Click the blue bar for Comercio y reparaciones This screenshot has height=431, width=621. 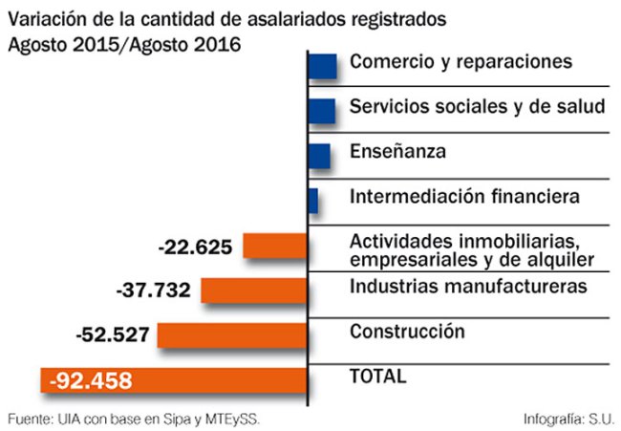(323, 66)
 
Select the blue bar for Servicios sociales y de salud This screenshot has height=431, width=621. (322, 110)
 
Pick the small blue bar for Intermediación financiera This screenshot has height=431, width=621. (313, 200)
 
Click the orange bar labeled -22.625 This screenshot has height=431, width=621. (274, 246)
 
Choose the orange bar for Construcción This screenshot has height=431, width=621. (232, 335)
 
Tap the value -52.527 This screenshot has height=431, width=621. (113, 335)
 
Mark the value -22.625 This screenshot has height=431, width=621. (195, 247)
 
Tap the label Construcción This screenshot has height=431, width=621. (407, 332)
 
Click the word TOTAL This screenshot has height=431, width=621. (378, 376)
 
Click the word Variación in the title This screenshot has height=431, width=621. (45, 19)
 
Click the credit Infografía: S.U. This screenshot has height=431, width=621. (569, 419)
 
